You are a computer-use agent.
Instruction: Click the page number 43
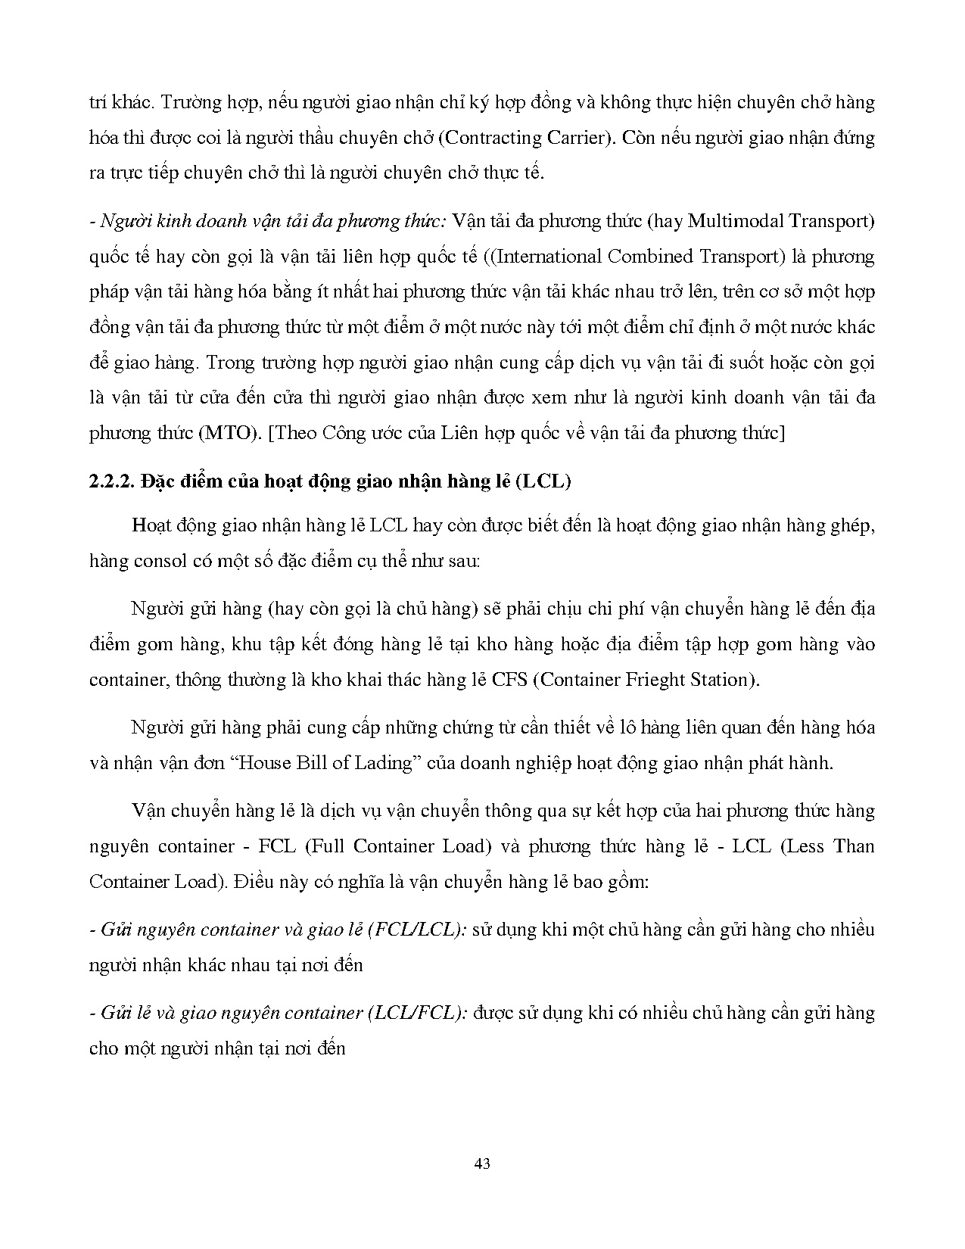pyautogui.click(x=482, y=1163)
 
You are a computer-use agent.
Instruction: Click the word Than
pyautogui.click(x=853, y=846)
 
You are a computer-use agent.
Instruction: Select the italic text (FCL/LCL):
pyautogui.click(x=416, y=930)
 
